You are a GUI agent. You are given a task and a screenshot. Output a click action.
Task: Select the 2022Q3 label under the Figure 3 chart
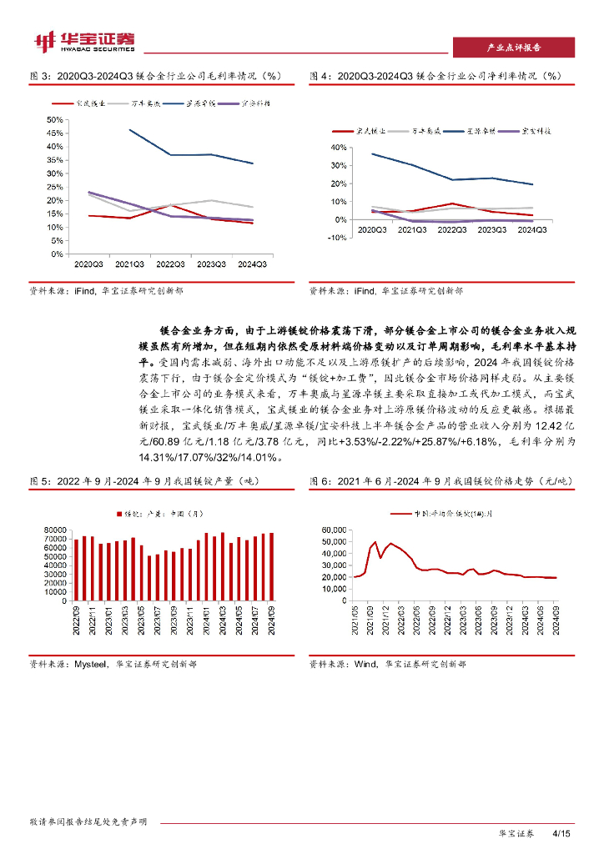170,264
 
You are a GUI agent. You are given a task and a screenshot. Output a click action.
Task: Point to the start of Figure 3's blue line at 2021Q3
129,129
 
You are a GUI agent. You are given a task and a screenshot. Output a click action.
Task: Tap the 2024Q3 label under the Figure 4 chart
533,229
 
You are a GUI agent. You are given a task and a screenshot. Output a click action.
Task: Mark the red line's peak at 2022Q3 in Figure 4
451,203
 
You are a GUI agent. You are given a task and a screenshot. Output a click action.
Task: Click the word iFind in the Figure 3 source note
84,291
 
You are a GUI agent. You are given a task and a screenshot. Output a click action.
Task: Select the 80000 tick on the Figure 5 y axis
55,530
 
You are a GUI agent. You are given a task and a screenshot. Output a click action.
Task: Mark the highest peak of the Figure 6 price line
375,542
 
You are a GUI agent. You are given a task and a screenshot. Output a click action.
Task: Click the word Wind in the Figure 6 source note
364,665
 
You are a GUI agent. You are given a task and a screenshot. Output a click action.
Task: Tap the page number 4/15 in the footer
561,834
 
